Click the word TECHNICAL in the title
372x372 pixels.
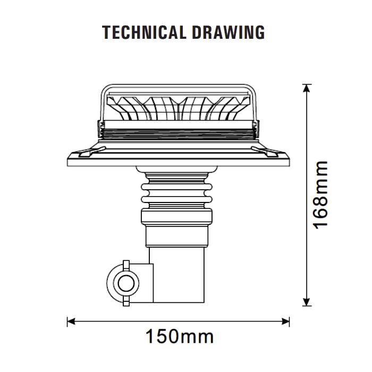click(144, 32)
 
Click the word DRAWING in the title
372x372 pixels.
click(229, 32)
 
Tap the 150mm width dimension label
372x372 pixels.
click(180, 336)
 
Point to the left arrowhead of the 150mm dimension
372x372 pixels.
click(71, 322)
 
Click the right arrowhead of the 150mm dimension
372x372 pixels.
click(286, 322)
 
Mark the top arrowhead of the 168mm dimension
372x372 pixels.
click(307, 88)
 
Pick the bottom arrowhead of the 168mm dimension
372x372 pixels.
click(307, 302)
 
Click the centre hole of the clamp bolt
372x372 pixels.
click(126, 283)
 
